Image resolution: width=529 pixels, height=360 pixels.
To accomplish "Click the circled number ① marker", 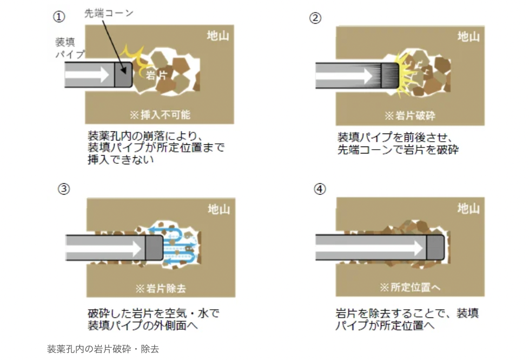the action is [x=59, y=17].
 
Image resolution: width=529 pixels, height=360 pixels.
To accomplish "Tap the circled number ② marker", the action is [x=315, y=18].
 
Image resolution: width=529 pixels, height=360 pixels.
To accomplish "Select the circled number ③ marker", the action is [x=64, y=189].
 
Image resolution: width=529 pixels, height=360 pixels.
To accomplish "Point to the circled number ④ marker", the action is [x=320, y=189].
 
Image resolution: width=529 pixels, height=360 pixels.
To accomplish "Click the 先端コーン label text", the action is [x=109, y=13].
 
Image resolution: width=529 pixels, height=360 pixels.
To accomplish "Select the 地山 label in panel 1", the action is [x=218, y=36].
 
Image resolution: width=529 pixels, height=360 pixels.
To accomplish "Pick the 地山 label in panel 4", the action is [x=468, y=208].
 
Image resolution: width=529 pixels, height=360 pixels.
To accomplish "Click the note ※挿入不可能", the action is [x=160, y=115].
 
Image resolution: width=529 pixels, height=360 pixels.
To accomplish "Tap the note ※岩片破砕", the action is [x=409, y=116].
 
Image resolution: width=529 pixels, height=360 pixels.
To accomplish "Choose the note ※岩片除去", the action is [x=161, y=288].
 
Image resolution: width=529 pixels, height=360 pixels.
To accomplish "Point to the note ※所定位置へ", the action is [x=410, y=287].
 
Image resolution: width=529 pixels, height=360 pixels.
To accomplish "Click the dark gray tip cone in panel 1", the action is [x=123, y=75].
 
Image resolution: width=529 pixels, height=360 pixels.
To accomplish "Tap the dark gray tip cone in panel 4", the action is [x=435, y=248].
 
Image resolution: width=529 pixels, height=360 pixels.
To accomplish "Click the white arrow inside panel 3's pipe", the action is [x=104, y=249].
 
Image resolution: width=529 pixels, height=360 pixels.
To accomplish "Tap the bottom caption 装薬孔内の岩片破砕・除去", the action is [x=103, y=349].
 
